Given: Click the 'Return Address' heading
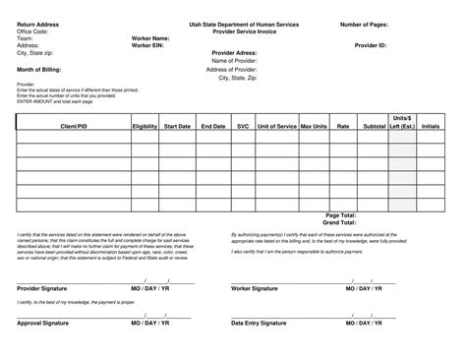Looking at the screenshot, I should click(x=38, y=23).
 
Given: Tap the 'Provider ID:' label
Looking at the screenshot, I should click(x=369, y=45).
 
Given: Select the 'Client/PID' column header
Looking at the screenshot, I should click(x=75, y=127).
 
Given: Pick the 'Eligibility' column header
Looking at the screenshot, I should click(x=145, y=127).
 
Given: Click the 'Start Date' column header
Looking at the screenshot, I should click(x=177, y=127).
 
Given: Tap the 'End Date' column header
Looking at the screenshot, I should click(x=212, y=127).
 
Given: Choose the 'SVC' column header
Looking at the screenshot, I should click(x=243, y=127).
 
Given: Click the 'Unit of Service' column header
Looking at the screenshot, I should click(x=276, y=127).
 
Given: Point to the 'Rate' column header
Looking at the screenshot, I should click(x=343, y=127).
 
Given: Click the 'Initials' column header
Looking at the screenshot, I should click(x=431, y=127).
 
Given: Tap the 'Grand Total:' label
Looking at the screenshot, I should click(x=340, y=222).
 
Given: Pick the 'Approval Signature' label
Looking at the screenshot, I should click(x=43, y=323).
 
